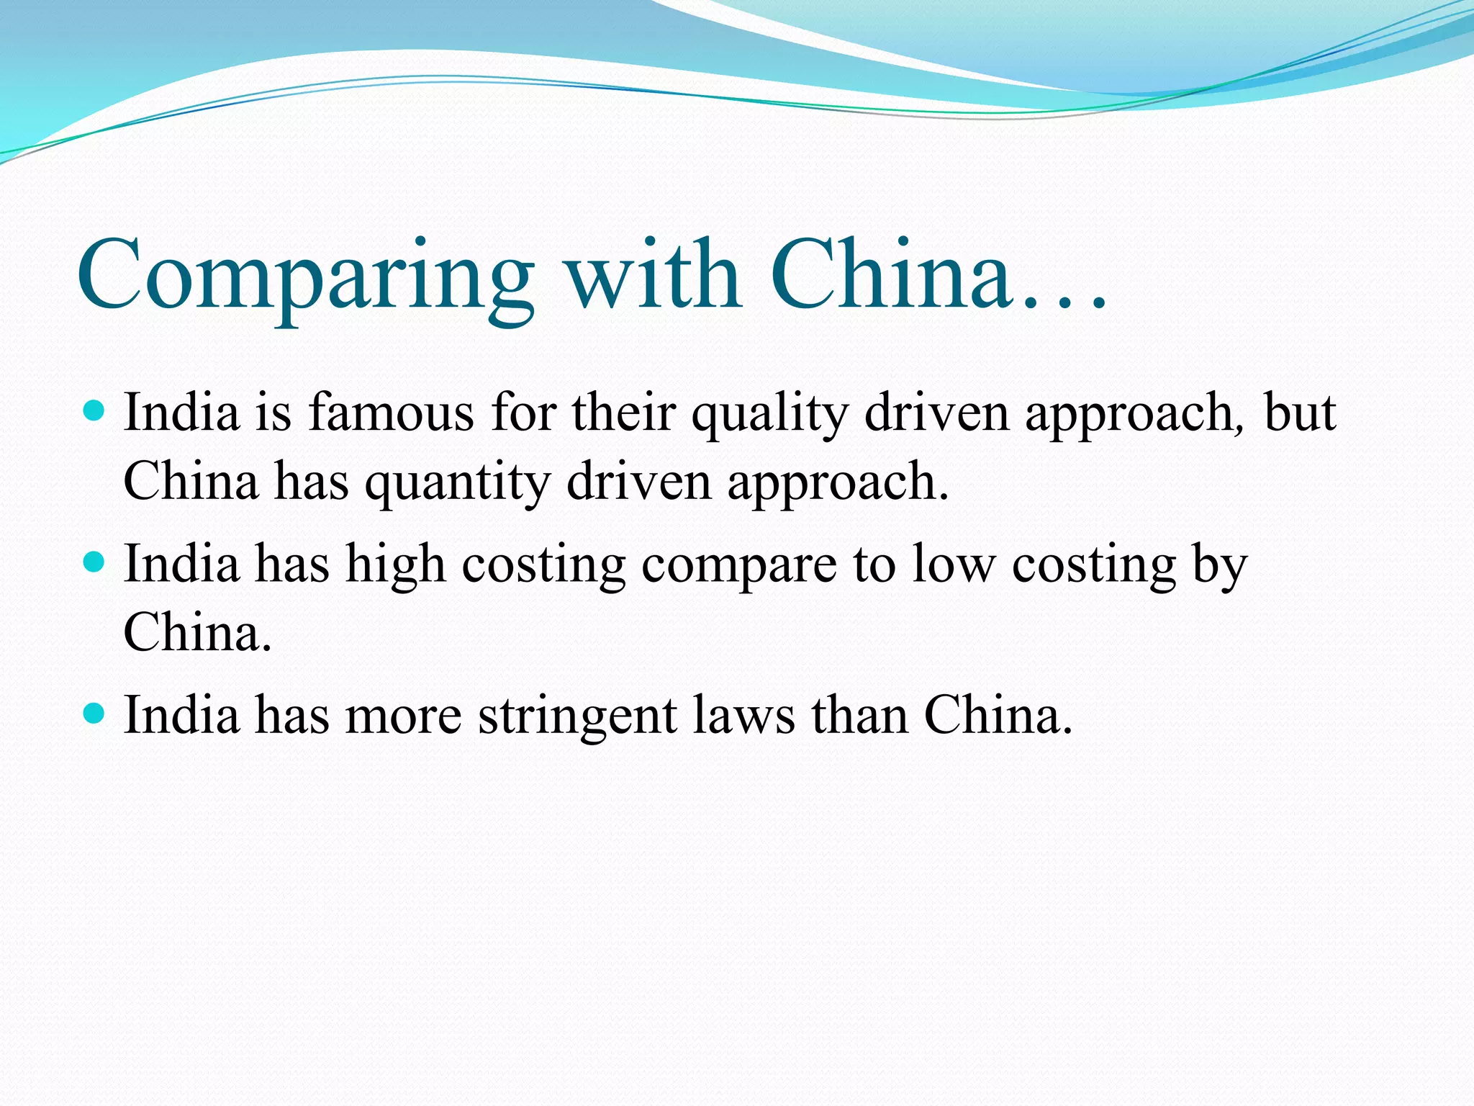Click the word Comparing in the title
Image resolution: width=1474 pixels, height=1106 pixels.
[x=306, y=277]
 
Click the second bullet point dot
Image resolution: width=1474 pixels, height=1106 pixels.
[x=94, y=562]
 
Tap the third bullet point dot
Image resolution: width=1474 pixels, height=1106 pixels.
[x=94, y=714]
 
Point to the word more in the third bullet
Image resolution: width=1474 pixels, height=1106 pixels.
[x=403, y=717]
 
